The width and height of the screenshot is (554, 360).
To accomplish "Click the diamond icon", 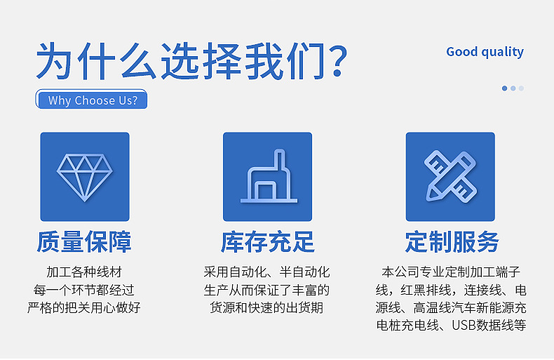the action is point(85,178).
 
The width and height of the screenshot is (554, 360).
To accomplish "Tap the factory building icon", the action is point(269,176).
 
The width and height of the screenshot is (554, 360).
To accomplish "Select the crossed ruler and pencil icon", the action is point(450,176).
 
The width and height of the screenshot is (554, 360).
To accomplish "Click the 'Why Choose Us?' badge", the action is point(91,99).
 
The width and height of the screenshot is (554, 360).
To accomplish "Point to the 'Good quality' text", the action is point(485,52).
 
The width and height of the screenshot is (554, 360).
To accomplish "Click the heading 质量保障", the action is point(84,242).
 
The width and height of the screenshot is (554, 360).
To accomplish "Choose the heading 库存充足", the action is point(267,242).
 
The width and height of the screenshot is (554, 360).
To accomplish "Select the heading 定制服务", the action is point(452,242).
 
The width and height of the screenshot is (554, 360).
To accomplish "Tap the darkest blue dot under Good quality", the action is point(504,88).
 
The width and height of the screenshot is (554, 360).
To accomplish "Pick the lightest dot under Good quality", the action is point(521,88).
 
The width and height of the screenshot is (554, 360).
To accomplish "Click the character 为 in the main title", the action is point(54,61).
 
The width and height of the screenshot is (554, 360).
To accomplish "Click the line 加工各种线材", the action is point(84,272).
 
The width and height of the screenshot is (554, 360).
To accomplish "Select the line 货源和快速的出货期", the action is point(266,307).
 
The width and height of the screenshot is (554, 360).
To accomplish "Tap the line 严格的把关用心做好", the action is point(84,307).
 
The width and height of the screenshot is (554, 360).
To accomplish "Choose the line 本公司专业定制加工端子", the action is point(451,272).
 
